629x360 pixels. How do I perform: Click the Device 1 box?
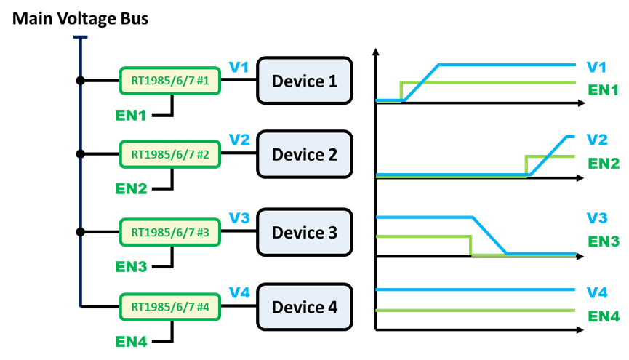coord(304,81)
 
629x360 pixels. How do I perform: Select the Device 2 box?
coord(304,154)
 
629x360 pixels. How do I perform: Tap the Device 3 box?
coord(304,233)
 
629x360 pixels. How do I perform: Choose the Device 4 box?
coord(304,307)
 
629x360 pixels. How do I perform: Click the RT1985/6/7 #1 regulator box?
coord(169,81)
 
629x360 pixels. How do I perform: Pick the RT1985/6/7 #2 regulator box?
coord(169,154)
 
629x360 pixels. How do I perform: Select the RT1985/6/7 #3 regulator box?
coord(169,233)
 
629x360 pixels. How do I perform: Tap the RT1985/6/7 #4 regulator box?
coord(169,307)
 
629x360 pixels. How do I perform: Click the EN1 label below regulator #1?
coord(131,115)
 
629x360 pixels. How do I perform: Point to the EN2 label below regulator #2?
coord(131,188)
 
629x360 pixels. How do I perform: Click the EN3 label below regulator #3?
coord(131,267)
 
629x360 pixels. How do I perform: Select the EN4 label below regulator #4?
coord(131,341)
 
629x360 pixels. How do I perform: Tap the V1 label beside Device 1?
coord(239,68)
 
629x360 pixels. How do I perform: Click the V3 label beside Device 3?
coord(239,218)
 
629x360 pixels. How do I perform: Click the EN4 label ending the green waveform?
coord(604,317)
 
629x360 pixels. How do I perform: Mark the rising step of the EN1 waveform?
coord(401,91)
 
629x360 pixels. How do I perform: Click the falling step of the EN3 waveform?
coord(471,245)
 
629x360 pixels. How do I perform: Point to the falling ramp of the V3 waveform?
coord(490,236)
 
